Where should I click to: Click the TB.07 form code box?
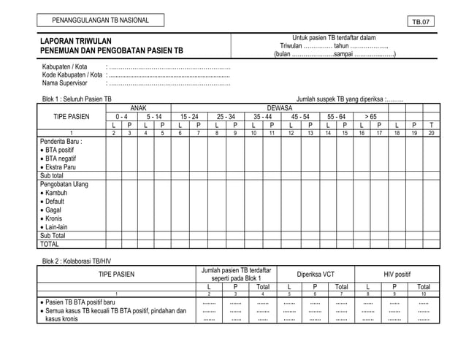point(421,22)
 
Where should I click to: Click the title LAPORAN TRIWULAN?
point(76,41)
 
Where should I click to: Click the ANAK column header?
point(138,107)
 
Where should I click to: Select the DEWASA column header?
point(279,107)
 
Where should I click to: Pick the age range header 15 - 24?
point(188,116)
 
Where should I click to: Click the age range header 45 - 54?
point(299,116)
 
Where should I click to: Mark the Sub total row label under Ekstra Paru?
point(52,176)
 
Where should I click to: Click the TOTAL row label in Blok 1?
point(50,245)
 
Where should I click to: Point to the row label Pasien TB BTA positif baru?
point(81,302)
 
